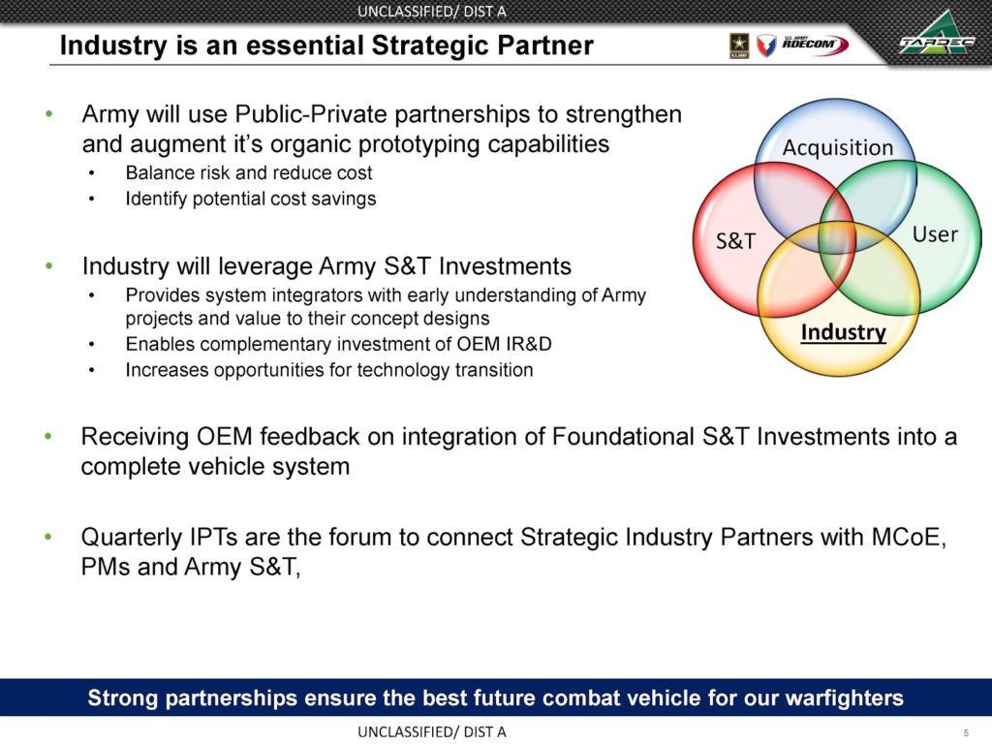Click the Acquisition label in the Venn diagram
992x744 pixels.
838,148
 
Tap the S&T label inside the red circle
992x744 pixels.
736,241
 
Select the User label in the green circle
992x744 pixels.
935,234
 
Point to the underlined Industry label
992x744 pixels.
844,333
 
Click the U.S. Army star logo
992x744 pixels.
739,46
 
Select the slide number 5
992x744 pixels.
966,732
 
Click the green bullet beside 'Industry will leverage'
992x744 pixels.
49,266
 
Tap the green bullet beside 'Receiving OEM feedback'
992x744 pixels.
49,437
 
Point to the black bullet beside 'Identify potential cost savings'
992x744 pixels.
92,200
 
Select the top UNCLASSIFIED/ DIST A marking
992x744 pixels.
431,12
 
